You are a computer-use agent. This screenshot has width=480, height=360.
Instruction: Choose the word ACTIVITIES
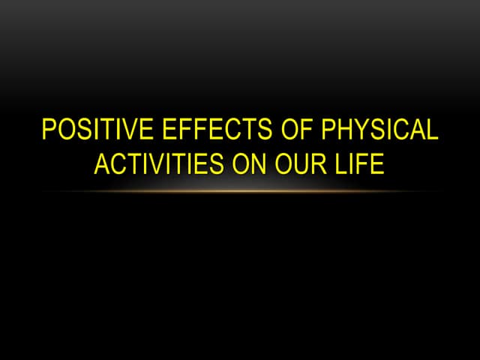pyautogui.click(x=156, y=163)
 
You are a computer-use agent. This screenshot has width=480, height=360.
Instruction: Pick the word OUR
pyautogui.click(x=298, y=163)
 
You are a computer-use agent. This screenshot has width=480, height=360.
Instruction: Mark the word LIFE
pyautogui.click(x=358, y=163)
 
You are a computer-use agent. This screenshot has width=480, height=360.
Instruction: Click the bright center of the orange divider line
pyautogui.click(x=240, y=190)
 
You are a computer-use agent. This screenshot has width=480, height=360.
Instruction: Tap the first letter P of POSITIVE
pyautogui.click(x=49, y=130)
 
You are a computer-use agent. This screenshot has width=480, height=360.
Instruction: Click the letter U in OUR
pyautogui.click(x=298, y=163)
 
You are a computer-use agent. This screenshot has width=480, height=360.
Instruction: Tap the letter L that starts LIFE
pyautogui.click(x=340, y=163)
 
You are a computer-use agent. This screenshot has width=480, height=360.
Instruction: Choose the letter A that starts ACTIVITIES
pyautogui.click(x=102, y=163)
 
